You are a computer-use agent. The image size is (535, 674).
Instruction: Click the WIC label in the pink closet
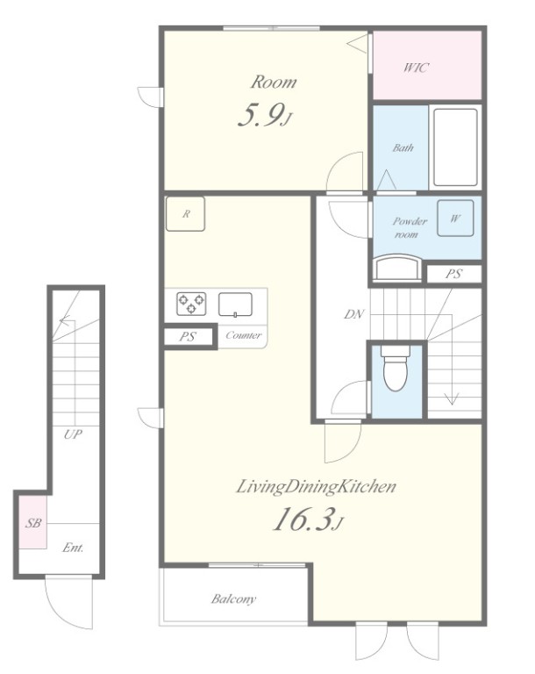point(416,68)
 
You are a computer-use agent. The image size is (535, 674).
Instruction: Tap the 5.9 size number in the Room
point(260,115)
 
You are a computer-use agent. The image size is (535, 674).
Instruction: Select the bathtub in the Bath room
point(455,147)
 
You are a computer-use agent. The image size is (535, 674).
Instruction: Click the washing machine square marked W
point(455,218)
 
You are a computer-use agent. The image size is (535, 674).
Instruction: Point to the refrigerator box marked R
point(185,213)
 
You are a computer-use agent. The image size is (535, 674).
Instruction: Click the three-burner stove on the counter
point(191,304)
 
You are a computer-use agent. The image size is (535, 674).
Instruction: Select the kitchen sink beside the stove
point(235,305)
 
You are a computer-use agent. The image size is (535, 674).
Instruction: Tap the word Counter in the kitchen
point(243,335)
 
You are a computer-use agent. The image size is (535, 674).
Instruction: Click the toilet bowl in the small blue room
point(395,370)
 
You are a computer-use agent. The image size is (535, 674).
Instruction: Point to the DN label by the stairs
point(354,314)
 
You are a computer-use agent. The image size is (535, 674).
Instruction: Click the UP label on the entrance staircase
point(73,434)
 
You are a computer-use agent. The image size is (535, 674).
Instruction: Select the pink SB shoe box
point(33,522)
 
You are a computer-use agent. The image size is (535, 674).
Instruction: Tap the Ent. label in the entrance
point(73,548)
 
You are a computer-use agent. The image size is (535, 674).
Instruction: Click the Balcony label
point(233,599)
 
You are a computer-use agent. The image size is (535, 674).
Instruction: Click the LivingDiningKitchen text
point(316,487)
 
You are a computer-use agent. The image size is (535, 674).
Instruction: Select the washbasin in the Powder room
point(396,268)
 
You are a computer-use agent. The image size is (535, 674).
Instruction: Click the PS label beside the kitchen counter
point(187,337)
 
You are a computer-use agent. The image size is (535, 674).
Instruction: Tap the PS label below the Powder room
point(453,274)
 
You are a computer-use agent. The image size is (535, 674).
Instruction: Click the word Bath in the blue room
point(403,147)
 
